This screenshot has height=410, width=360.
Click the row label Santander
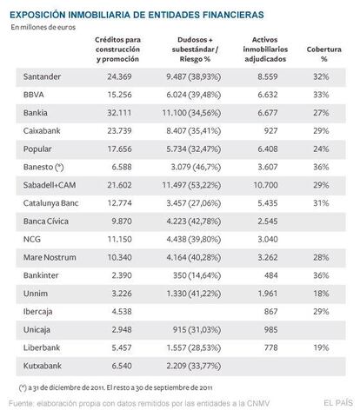pyautogui.click(x=42, y=76)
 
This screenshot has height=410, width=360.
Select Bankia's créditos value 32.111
pyautogui.click(x=119, y=113)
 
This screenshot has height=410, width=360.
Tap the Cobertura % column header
pyautogui.click(x=323, y=54)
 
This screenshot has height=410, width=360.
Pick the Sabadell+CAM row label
pyautogui.click(x=50, y=185)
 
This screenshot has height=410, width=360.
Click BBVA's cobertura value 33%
pyautogui.click(x=321, y=95)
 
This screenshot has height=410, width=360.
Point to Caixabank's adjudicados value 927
pyautogui.click(x=270, y=130)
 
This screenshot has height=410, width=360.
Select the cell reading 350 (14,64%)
pyautogui.click(x=197, y=275)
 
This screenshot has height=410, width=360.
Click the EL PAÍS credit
pyautogui.click(x=338, y=402)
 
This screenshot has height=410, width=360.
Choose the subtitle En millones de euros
pyautogui.click(x=43, y=27)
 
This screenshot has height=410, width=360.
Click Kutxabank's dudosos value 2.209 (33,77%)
pyautogui.click(x=194, y=366)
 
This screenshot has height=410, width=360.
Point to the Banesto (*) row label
pyautogui.click(x=43, y=167)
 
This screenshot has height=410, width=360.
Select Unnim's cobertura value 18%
pyautogui.click(x=321, y=294)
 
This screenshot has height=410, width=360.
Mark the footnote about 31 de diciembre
pyautogui.click(x=116, y=387)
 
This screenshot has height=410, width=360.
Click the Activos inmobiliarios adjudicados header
pyautogui.click(x=265, y=50)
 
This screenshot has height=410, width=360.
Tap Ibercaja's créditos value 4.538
pyautogui.click(x=122, y=312)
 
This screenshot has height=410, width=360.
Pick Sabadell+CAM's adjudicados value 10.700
pyautogui.click(x=265, y=185)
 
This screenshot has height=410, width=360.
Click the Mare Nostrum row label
pyautogui.click(x=50, y=257)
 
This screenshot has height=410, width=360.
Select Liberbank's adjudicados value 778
pyautogui.click(x=270, y=347)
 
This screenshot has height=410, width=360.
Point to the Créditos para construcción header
pyautogui.click(x=117, y=50)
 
